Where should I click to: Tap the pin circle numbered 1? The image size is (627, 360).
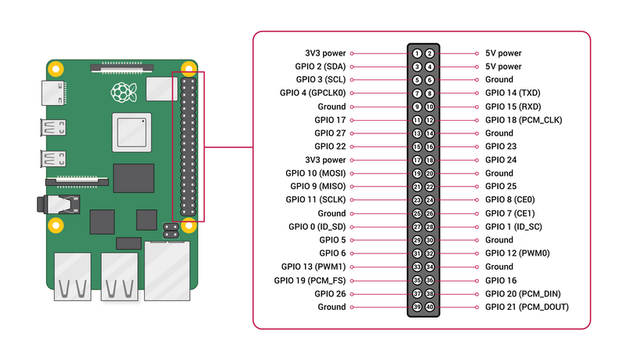click(418, 53)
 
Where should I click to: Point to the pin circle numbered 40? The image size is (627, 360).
click(429, 307)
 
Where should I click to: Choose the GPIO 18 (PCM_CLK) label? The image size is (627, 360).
click(524, 120)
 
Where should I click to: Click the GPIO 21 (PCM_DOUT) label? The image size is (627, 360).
click(527, 307)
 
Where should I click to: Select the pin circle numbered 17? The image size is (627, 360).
click(418, 160)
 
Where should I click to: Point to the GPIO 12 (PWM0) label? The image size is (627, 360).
click(517, 253)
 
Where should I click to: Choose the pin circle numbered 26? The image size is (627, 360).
click(429, 213)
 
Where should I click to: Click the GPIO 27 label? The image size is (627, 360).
click(330, 133)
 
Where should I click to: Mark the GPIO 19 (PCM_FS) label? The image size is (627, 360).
click(310, 280)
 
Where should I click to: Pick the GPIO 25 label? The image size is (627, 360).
click(501, 187)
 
